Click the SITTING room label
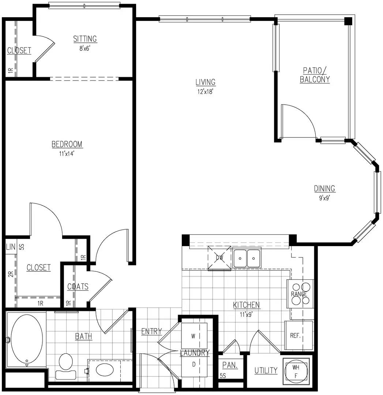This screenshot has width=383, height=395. (x=85, y=39)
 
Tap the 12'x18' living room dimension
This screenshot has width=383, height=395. (x=205, y=92)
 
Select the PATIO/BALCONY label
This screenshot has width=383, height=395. (x=315, y=75)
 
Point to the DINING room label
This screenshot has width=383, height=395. (x=324, y=188)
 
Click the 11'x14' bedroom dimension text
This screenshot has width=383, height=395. (x=67, y=154)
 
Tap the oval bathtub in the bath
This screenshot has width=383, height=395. (x=27, y=339)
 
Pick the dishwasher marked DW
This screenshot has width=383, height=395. (x=219, y=258)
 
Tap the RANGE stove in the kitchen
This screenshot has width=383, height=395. (x=300, y=294)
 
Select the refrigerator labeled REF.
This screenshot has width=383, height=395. (x=298, y=335)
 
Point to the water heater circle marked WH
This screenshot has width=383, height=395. (x=296, y=371)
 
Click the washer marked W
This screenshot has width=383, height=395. (x=194, y=336)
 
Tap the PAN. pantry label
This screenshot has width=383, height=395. (x=230, y=365)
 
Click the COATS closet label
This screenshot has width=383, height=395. (x=78, y=287)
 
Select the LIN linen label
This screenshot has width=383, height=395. (x=11, y=247)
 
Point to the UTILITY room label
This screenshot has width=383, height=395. (x=266, y=370)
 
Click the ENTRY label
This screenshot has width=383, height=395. (x=151, y=331)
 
